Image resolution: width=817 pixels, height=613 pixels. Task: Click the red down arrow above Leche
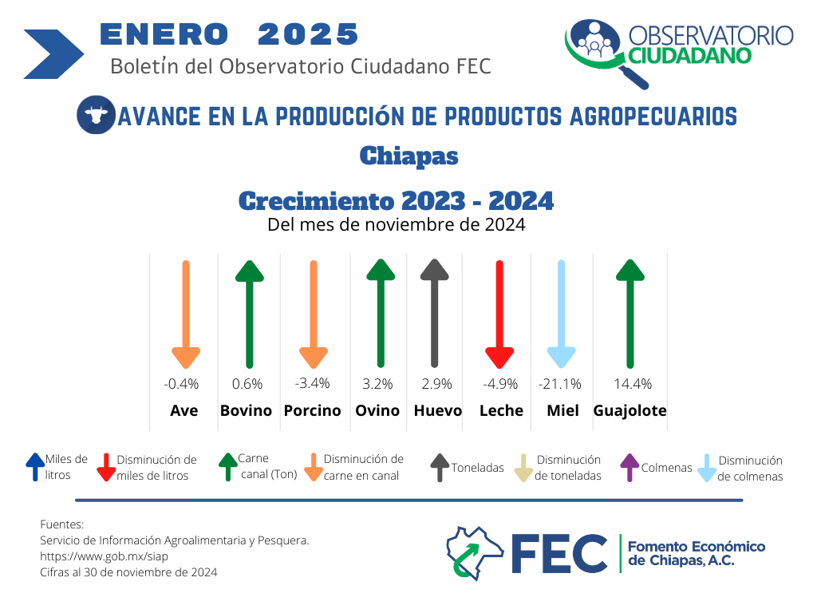click(499, 314)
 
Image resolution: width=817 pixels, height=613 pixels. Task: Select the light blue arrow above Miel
click(561, 314)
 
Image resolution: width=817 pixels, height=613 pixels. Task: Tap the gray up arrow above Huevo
click(435, 313)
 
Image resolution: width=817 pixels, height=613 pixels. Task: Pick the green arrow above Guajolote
click(630, 314)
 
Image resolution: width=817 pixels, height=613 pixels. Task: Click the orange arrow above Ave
click(185, 314)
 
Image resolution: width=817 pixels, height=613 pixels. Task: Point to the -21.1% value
click(559, 384)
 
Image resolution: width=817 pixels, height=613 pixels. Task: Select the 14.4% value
click(633, 384)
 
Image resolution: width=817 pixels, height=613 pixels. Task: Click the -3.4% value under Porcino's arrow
click(312, 384)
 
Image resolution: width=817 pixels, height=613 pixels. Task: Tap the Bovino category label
click(246, 411)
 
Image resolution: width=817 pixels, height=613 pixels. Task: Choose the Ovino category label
click(377, 411)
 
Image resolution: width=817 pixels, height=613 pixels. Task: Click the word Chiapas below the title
click(409, 156)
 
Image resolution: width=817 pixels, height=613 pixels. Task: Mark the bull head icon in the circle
click(96, 115)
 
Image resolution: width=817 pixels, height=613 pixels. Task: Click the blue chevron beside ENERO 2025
click(53, 54)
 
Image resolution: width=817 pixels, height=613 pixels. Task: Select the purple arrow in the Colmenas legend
click(630, 467)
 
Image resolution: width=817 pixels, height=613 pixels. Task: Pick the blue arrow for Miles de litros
click(35, 466)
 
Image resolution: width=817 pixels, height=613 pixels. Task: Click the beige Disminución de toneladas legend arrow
click(523, 468)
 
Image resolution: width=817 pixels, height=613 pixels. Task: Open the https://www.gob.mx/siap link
click(105, 556)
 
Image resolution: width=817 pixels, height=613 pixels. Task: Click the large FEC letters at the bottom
click(559, 554)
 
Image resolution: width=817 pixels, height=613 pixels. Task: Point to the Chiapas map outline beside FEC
click(474, 553)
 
